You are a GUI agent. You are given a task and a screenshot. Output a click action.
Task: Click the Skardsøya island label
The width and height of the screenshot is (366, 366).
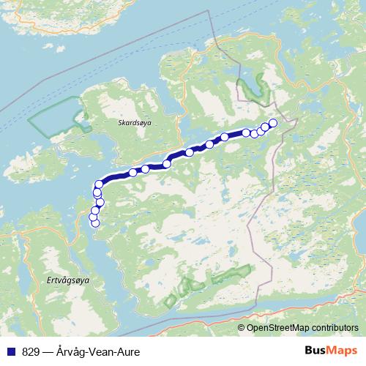tap(134, 124)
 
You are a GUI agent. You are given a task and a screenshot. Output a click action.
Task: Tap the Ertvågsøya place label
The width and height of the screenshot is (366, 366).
tap(56, 280)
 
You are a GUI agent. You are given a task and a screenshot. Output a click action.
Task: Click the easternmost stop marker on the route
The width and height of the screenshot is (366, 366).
tap(274, 123)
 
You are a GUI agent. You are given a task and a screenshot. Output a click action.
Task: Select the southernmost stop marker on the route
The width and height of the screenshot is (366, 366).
tap(94, 223)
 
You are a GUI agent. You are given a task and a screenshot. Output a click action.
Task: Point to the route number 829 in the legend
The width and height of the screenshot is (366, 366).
tap(30, 351)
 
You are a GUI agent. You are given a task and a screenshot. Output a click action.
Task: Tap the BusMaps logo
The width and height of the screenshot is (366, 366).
tap(329, 351)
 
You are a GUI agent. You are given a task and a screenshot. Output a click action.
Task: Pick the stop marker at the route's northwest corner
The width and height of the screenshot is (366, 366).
tap(100, 184)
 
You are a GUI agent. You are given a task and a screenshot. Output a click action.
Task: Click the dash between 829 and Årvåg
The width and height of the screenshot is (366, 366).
tap(48, 351)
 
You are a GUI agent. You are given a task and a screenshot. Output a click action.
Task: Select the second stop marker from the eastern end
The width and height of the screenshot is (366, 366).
tap(266, 127)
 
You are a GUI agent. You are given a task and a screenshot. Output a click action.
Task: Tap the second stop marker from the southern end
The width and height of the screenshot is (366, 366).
tap(93, 217)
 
